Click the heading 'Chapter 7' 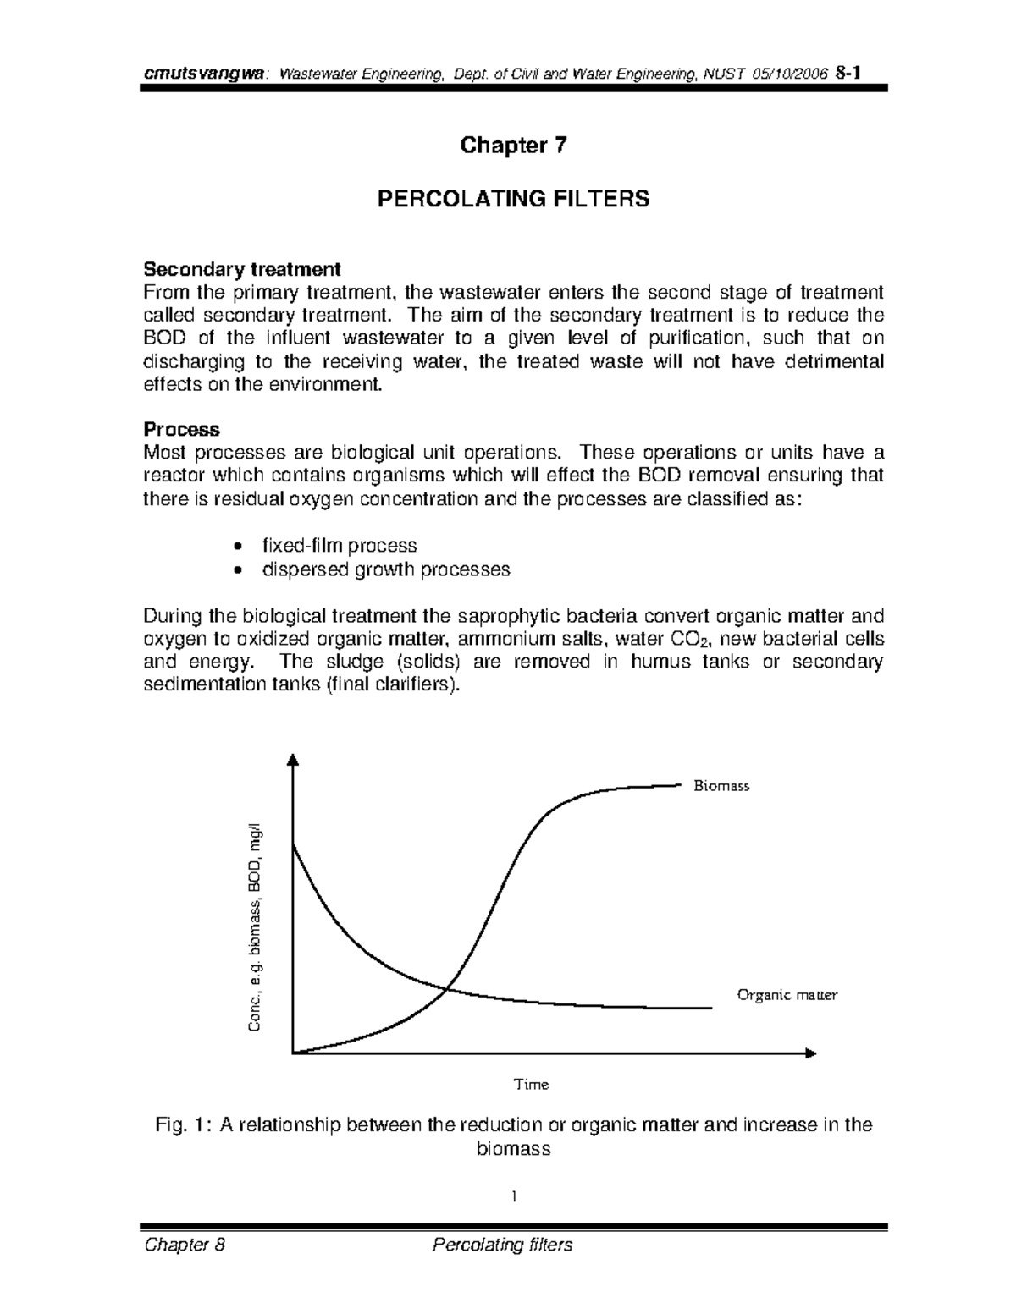(x=513, y=146)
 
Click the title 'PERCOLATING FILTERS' (x=513, y=200)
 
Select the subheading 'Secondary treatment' (x=242, y=270)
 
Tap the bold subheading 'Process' (x=181, y=429)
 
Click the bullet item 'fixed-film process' (x=340, y=546)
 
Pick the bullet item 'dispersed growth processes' (x=386, y=569)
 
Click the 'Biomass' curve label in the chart (x=721, y=786)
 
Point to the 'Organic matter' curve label (x=787, y=995)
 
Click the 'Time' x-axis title (x=532, y=1084)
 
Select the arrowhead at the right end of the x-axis (x=811, y=1053)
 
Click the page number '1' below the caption (x=513, y=1196)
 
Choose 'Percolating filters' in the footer (x=501, y=1245)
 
